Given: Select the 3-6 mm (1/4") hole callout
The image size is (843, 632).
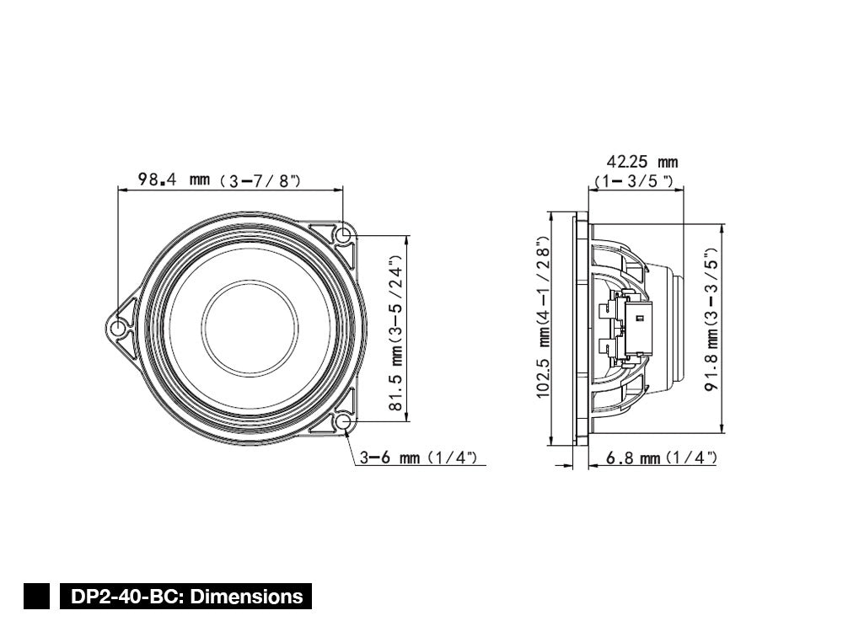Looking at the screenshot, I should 419,458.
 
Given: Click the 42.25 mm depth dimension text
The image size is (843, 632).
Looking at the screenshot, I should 642,161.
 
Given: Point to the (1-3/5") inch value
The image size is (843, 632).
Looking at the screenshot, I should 634,181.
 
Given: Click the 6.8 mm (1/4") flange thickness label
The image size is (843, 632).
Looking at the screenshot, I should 662,458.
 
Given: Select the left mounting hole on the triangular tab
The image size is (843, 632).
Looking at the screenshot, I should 119,327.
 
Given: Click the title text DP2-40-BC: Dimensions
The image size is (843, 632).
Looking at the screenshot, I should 186,597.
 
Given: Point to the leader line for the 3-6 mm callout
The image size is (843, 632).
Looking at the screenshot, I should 352,447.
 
